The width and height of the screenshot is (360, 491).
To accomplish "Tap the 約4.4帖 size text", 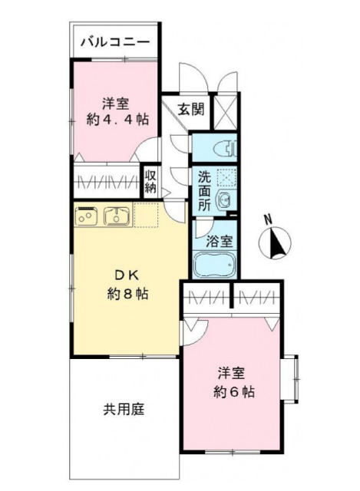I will [x=117, y=120].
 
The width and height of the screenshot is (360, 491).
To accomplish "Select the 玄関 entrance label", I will [x=192, y=108].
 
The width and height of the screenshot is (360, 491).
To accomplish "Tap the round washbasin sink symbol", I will [x=225, y=199].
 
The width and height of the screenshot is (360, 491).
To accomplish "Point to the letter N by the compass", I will [x=268, y=219].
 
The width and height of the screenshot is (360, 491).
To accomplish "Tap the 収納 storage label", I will [x=150, y=182].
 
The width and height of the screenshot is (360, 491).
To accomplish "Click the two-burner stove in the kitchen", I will [x=85, y=216].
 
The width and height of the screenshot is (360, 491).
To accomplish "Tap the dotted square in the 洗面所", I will [x=226, y=177].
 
